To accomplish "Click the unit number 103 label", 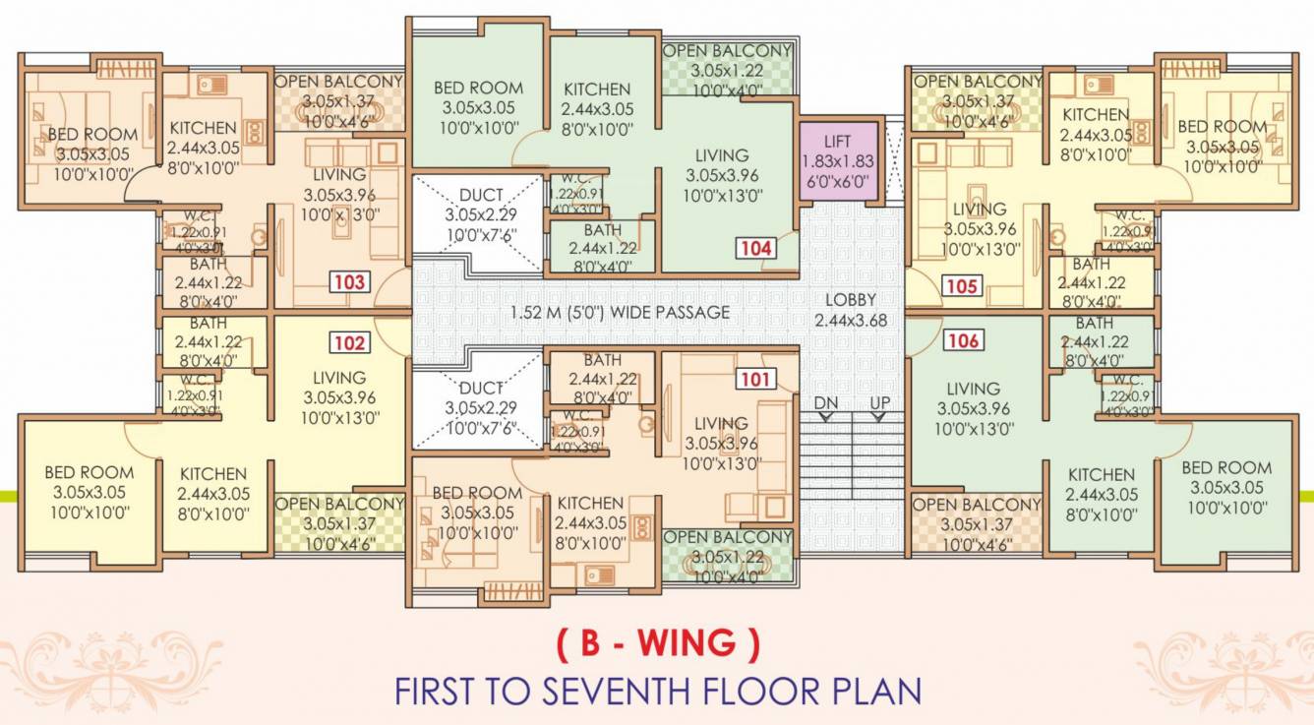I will click(x=349, y=283).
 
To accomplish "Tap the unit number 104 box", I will click(x=756, y=248).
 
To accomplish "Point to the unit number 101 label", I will click(x=756, y=379).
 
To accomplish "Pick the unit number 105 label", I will click(x=963, y=286).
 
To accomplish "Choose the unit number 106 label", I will click(x=963, y=341).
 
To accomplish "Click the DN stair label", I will click(x=825, y=403).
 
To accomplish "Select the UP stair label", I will click(x=879, y=403).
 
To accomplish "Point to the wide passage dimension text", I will click(x=620, y=313).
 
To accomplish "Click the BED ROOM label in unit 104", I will click(x=478, y=89).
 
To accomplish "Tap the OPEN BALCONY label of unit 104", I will click(x=727, y=51).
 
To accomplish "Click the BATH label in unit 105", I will click(x=1091, y=264).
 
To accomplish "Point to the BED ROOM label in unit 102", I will click(x=89, y=473).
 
